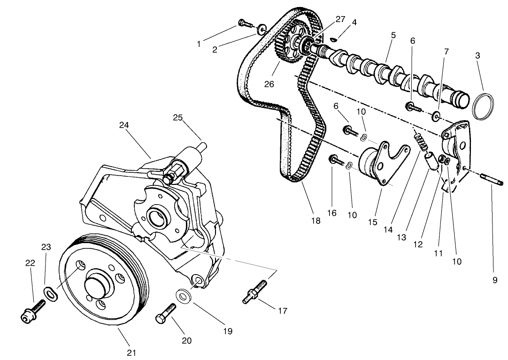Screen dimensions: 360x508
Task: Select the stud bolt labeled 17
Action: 254,291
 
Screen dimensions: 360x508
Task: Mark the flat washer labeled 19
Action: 183,297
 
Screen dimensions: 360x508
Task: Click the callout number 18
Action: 316,220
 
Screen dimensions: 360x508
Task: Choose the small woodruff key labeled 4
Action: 333,40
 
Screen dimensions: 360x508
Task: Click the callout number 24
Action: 124,125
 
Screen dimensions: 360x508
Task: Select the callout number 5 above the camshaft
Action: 393,35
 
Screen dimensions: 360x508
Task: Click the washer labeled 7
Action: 437,115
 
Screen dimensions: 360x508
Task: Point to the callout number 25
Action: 177,118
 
